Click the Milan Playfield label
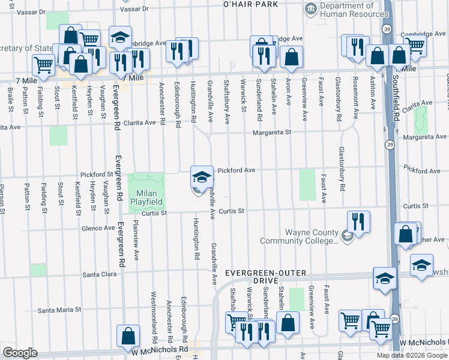point(146,197)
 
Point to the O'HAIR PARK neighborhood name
point(250,4)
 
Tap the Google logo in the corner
point(19,352)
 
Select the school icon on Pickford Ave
point(202,177)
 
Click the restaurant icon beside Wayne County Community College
point(358,223)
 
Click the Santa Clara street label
point(98,274)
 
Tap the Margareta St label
point(271,133)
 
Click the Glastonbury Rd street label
point(342,169)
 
